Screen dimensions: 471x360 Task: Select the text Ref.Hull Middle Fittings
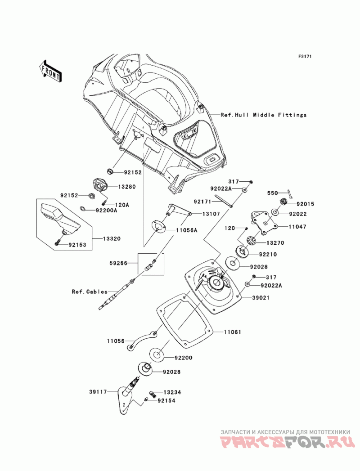(263, 115)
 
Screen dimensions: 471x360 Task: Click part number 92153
(77, 245)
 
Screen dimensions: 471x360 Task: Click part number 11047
(297, 227)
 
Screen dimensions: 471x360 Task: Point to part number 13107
(211, 214)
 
